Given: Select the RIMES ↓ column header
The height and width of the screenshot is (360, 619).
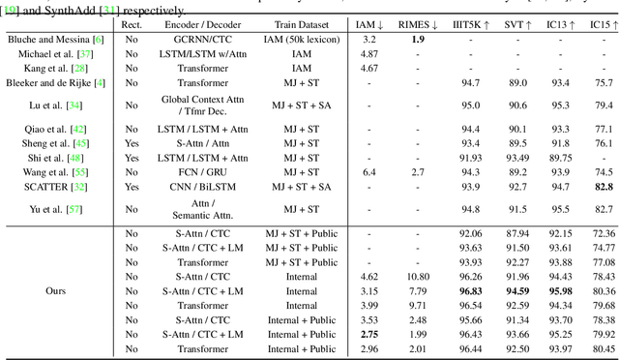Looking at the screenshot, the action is pos(417,24).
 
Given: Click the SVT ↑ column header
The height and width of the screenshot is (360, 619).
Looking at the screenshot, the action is pos(516,24).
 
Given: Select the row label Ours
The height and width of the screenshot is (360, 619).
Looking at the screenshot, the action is pos(57,290).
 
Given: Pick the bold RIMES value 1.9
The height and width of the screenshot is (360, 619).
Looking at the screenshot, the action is pos(417,40).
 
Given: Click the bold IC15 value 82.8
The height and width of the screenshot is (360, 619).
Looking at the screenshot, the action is pos(604,187).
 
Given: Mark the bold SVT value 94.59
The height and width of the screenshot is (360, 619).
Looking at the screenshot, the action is pos(517,290).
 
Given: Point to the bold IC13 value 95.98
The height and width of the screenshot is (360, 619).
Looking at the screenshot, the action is pos(561,290).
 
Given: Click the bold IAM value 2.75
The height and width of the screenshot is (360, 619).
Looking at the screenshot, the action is pos(368,334).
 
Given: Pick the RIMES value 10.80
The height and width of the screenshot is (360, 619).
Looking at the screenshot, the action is pos(417,276).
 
